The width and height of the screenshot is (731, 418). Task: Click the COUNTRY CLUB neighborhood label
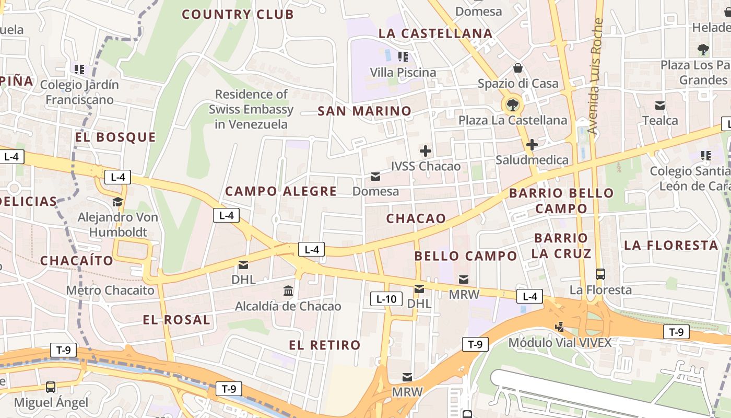click(238, 14)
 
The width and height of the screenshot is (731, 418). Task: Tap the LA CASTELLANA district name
click(435, 33)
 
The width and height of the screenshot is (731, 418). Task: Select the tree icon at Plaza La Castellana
click(512, 104)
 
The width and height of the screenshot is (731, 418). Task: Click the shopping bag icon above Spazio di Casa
click(518, 68)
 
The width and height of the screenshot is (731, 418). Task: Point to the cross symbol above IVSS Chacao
click(426, 152)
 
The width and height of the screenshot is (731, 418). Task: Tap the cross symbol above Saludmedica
click(532, 145)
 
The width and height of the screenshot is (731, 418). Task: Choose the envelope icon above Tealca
click(660, 106)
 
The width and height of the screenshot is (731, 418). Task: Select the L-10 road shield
click(386, 299)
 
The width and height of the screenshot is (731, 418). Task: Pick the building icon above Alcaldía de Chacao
click(288, 291)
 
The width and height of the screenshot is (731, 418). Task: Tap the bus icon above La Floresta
click(600, 274)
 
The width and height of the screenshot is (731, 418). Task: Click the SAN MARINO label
click(364, 111)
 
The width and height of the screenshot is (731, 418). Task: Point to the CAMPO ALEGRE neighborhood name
click(281, 191)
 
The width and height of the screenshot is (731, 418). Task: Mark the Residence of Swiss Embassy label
click(251, 109)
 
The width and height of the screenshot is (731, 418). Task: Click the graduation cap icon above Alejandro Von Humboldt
click(118, 202)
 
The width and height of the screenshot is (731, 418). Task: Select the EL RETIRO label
click(325, 345)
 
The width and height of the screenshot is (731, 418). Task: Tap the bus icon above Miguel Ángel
click(51, 387)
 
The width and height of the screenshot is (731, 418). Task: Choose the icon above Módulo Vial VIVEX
click(560, 327)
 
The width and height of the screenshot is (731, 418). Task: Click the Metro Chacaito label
click(110, 290)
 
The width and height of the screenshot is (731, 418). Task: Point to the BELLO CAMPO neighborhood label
click(465, 256)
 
